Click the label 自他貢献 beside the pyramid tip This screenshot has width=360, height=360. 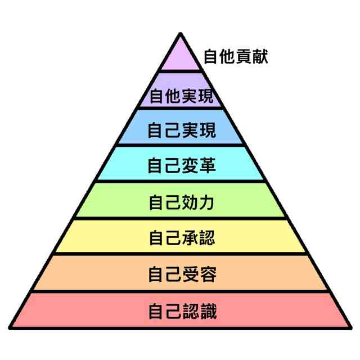coord(236,57)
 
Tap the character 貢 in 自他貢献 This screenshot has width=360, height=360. coord(244,57)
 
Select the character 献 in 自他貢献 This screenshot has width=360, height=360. coord(260,57)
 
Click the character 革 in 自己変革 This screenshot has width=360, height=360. coord(207,165)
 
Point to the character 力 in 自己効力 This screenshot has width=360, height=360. coord(207,201)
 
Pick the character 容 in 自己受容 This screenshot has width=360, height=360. coord(207,274)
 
